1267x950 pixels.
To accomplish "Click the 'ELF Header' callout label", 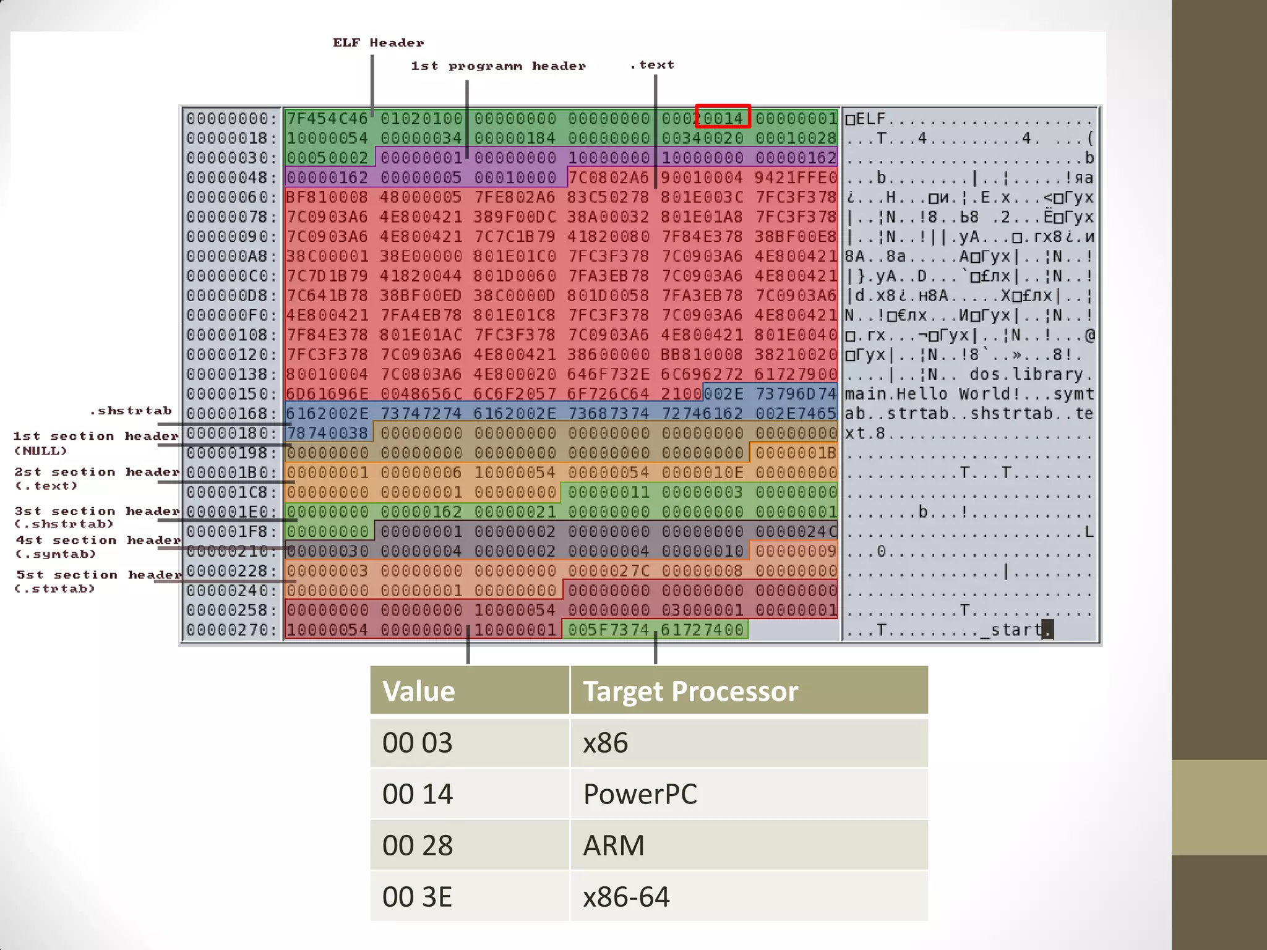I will coord(378,43).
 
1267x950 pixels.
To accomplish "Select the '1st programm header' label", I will coord(498,66).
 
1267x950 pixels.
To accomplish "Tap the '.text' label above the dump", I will coord(652,65).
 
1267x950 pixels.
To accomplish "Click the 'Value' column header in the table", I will coord(418,691).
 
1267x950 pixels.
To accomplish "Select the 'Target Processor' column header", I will coord(690,691).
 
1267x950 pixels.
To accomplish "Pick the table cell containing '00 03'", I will coord(418,743).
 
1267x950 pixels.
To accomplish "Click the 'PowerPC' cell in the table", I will coord(640,794).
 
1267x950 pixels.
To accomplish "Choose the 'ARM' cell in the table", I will coord(613,845).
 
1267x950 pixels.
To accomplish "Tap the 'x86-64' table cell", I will coord(625,897).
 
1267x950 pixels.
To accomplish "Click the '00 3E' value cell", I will coord(418,897).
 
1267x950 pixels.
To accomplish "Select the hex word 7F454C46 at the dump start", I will coord(327,118).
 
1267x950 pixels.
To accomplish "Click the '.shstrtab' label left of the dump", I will coord(131,411).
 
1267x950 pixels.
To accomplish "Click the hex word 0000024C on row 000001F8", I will coord(796,531).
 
